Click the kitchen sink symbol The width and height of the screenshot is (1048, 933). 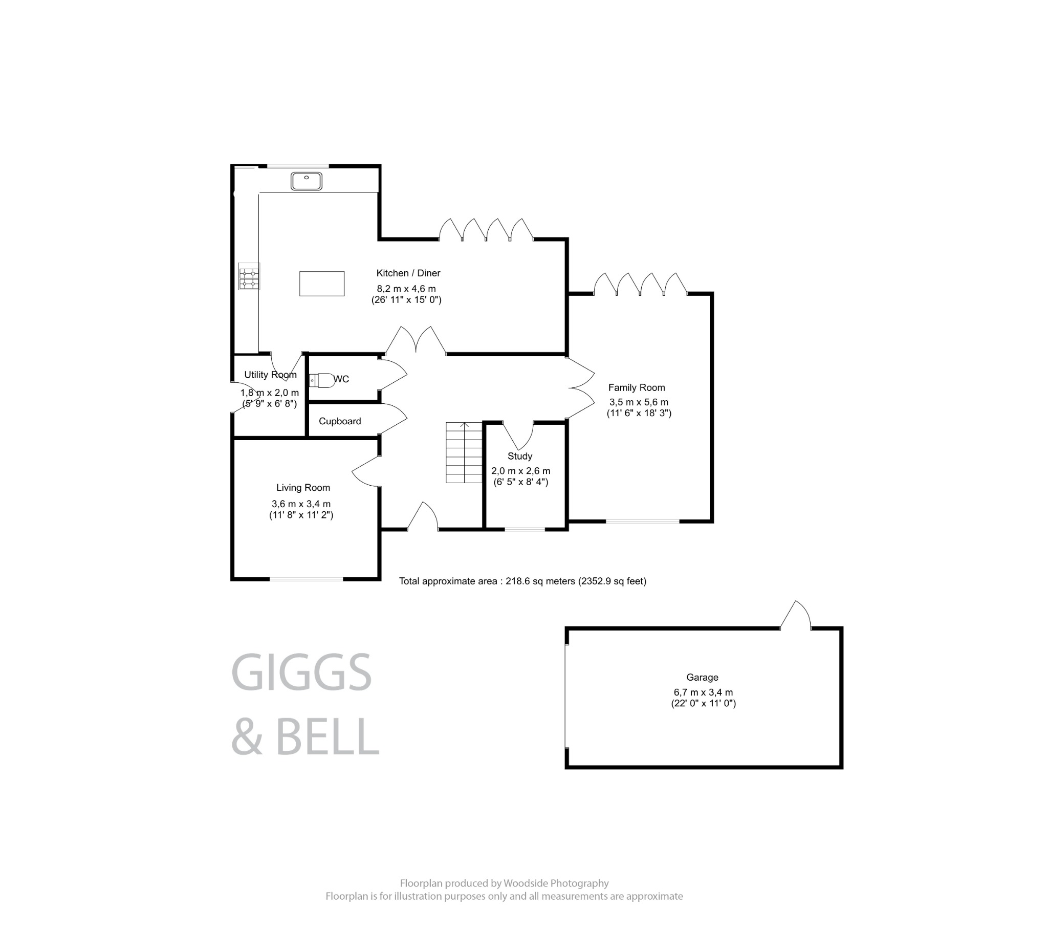306,181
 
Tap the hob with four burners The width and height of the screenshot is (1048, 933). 249,277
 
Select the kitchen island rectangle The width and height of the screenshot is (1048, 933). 321,284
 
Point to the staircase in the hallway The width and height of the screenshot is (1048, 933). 464,452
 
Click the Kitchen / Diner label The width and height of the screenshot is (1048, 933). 408,273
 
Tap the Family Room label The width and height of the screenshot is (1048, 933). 636,388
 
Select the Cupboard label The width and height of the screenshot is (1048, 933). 339,421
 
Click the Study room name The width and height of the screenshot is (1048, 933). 519,456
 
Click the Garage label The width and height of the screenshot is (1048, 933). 702,677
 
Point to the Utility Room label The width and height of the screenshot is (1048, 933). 270,375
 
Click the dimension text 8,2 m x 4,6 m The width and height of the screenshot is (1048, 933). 406,289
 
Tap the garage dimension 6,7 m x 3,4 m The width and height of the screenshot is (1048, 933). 703,692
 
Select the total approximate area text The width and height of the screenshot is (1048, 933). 522,581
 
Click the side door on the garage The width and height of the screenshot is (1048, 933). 795,616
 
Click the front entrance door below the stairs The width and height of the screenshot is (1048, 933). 423,517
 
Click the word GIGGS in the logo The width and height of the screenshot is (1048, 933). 301,672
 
